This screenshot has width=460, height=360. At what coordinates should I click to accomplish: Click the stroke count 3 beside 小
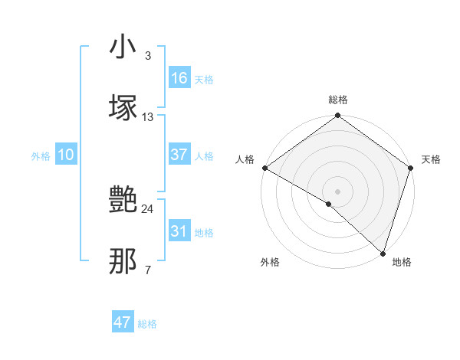pos(147,56)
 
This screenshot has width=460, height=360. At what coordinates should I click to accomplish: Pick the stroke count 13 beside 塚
pos(148,116)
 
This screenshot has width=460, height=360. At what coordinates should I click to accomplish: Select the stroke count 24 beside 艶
pos(148,208)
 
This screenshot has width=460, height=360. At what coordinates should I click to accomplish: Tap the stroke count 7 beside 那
pos(147,269)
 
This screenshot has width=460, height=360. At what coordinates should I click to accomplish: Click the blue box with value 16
pos(179,78)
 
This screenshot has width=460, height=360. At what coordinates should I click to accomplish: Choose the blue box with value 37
pos(179,155)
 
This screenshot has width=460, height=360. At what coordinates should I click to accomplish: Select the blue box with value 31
pos(179,231)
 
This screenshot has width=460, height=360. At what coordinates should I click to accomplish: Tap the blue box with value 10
pos(66,155)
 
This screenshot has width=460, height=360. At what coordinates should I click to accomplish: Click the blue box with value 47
pos(123,322)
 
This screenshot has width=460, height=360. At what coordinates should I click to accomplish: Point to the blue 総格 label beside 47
pos(148,324)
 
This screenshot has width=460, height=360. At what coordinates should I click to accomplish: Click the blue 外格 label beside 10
pos(41,155)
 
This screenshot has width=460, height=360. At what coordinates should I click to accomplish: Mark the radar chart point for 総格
pos(337,116)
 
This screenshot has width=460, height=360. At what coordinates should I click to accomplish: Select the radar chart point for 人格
pos(264,168)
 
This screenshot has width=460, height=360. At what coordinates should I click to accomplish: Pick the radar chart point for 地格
pos(383,254)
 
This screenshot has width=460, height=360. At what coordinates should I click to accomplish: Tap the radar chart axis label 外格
pos(270,263)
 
